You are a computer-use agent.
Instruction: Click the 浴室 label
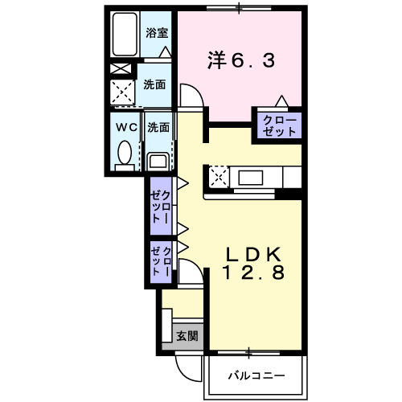(157, 33)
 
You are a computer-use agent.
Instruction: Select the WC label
(125, 126)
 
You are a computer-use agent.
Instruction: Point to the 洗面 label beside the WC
(158, 126)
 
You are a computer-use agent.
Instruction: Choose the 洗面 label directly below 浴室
(155, 84)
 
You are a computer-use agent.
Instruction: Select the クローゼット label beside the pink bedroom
(279, 125)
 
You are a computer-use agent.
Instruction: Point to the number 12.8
(252, 273)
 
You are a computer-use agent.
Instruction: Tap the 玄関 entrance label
(187, 336)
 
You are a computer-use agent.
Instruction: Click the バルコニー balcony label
(256, 375)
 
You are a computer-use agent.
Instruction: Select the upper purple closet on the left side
(160, 206)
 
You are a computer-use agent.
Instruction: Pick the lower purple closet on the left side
(160, 261)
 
